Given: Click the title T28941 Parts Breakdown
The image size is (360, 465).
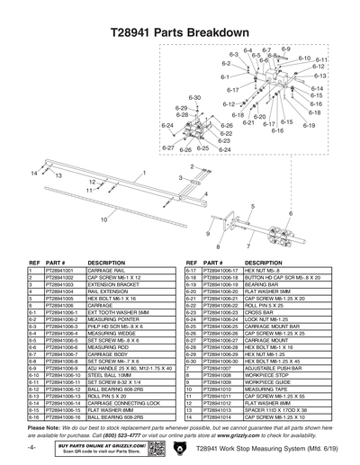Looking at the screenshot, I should click(x=179, y=32).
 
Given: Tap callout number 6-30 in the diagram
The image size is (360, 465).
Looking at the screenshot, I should click(x=194, y=97).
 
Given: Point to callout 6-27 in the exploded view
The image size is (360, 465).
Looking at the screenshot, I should click(x=167, y=147).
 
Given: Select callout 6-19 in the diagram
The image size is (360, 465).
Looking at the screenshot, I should click(x=309, y=125).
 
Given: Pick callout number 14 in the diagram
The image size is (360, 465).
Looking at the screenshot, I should click(x=35, y=171).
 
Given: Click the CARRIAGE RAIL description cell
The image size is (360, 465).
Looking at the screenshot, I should click(x=106, y=270).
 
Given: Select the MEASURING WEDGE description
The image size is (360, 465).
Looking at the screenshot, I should click(x=113, y=306).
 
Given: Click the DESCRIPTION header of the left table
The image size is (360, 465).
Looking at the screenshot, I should click(x=106, y=263).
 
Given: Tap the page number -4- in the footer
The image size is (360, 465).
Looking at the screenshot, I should click(x=31, y=447).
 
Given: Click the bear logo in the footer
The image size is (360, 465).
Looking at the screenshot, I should click(x=179, y=447).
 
